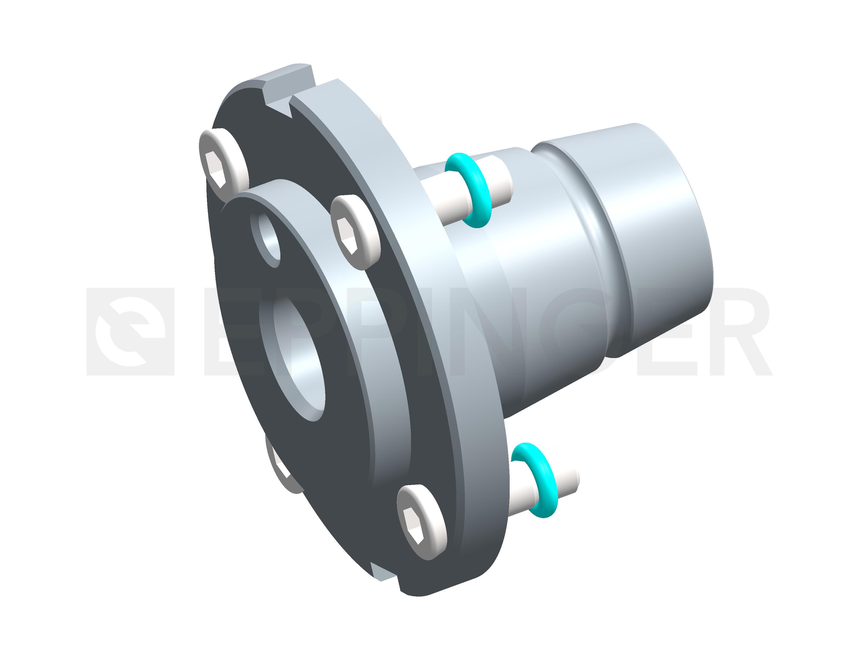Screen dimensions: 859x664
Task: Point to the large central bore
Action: [x=299, y=358]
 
